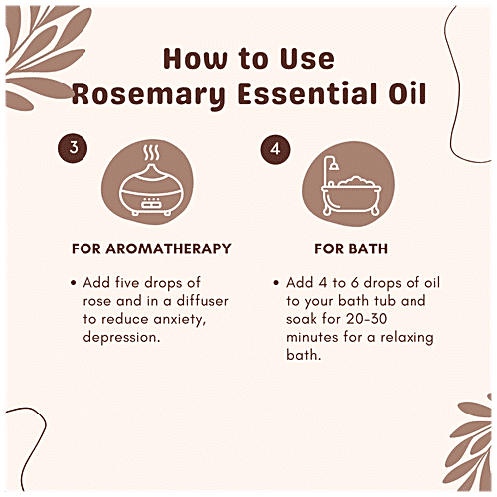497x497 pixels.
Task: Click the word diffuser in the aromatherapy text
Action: coord(185,301)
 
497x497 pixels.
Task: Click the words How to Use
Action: coord(248,58)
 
